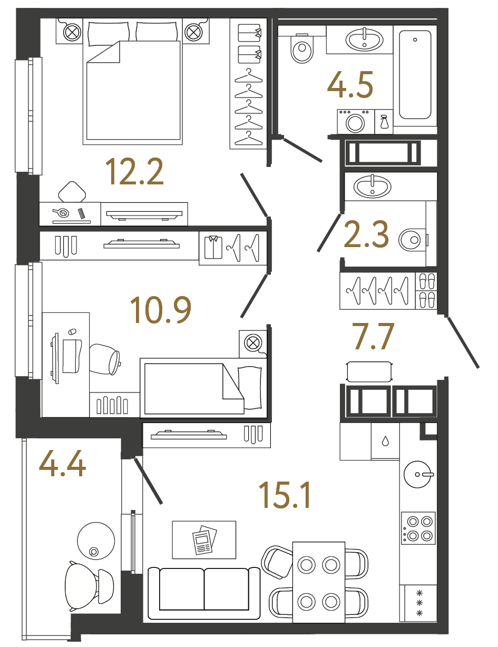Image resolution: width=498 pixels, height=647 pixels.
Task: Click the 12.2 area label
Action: [x=134, y=172]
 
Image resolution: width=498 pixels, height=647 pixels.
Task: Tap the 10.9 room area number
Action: [x=161, y=310]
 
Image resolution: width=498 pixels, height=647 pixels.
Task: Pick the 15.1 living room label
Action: [x=285, y=495]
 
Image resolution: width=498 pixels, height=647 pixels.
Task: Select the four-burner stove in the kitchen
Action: [x=418, y=528]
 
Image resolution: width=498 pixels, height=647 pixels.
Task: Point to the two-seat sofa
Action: [x=204, y=593]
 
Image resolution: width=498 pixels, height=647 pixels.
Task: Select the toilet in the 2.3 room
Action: [x=411, y=240]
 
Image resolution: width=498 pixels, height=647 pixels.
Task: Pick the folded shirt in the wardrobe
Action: [x=213, y=247]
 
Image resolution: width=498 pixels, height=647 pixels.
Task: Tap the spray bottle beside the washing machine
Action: [x=384, y=123]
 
